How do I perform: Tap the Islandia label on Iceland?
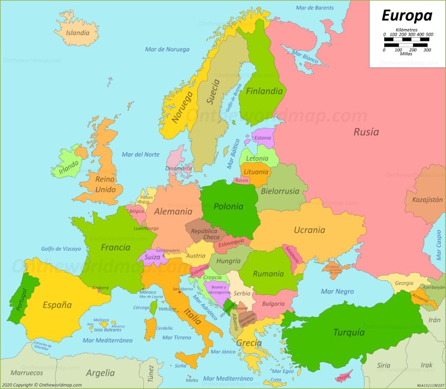77,32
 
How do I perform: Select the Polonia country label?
229,206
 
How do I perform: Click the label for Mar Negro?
337,291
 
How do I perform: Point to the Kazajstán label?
427,200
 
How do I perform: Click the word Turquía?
349,333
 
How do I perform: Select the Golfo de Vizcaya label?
61,249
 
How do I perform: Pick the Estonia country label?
262,138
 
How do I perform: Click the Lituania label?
256,172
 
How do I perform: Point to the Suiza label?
152,257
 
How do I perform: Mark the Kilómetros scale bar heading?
406,29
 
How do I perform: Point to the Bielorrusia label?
280,191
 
